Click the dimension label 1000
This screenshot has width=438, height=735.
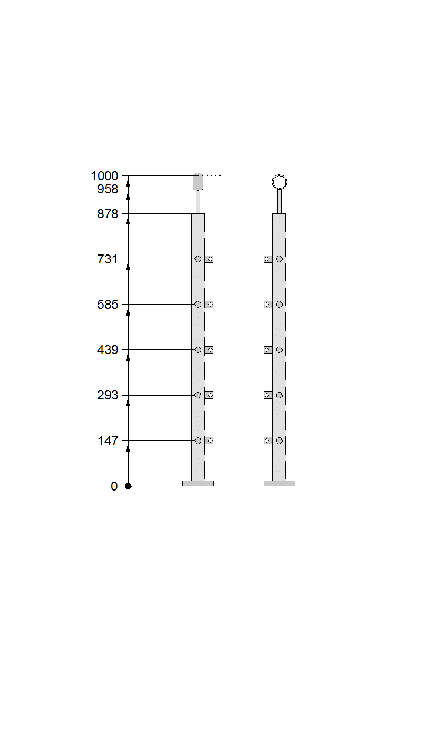click(104, 176)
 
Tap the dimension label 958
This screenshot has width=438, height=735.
click(108, 189)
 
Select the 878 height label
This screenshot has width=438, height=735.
click(108, 214)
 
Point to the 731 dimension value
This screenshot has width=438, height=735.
click(108, 260)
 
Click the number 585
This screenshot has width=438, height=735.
click(108, 305)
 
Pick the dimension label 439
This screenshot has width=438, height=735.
click(108, 350)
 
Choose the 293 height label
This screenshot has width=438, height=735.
click(108, 395)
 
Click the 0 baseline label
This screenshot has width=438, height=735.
click(114, 486)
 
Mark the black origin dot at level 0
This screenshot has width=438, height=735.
click(129, 486)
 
